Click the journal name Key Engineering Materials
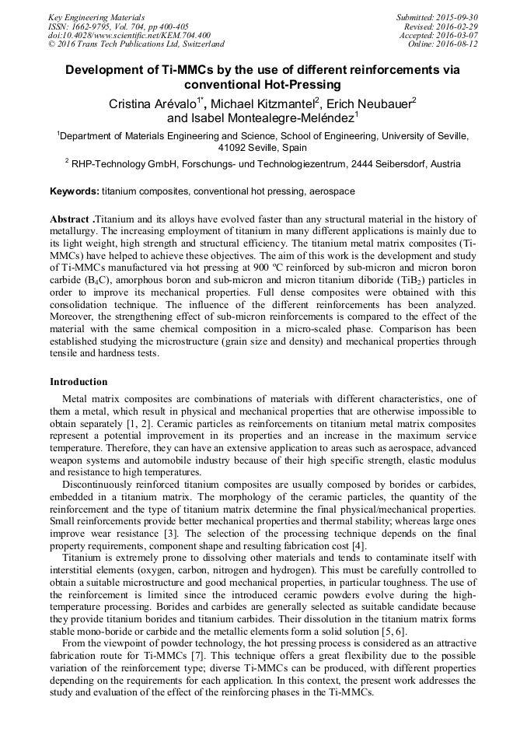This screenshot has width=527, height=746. click(96, 17)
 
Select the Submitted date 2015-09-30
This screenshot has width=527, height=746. click(458, 17)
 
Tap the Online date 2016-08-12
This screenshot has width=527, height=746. click(458, 44)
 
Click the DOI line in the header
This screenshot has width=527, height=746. click(129, 35)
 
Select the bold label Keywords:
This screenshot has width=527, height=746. click(75, 191)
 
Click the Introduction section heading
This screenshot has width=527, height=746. click(79, 382)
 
